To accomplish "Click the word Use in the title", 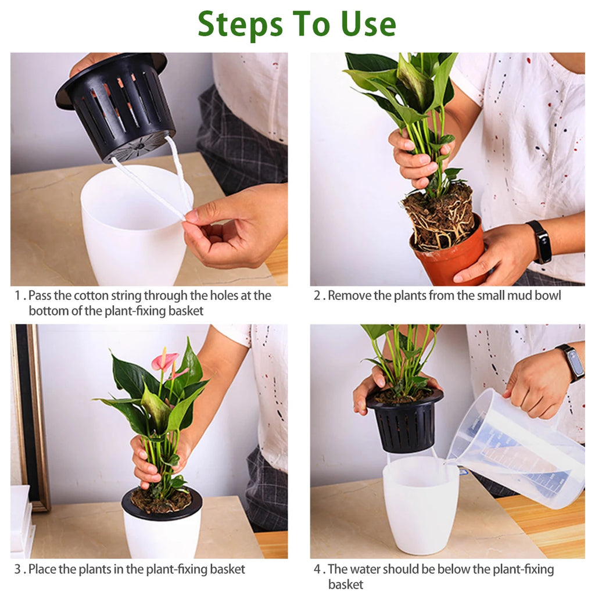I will point(368,24).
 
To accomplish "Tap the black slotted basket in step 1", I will point(116,105).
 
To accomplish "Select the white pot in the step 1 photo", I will point(131,227).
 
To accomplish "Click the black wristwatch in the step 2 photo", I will point(542,241).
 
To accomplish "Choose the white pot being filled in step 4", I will point(420,506).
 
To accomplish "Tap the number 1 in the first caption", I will point(17,296).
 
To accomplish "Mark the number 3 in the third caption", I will point(17,569).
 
